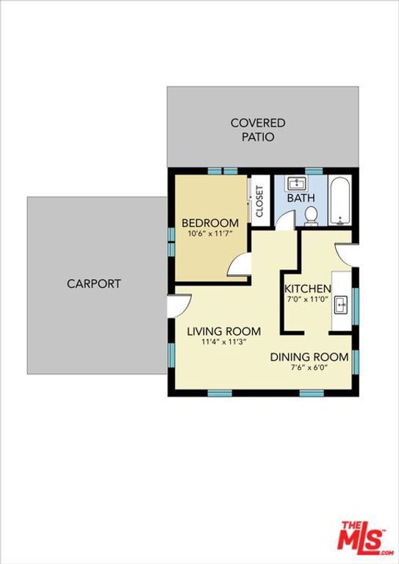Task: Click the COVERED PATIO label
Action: pyautogui.click(x=258, y=130)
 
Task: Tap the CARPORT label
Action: pyautogui.click(x=94, y=283)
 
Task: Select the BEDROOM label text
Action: pyautogui.click(x=210, y=223)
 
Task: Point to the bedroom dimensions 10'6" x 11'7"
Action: pyautogui.click(x=210, y=235)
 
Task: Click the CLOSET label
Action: pyautogui.click(x=259, y=200)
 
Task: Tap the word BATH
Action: pyautogui.click(x=301, y=198)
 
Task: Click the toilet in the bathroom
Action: pyautogui.click(x=311, y=215)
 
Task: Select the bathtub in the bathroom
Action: pyautogui.click(x=339, y=201)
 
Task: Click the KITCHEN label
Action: pyautogui.click(x=308, y=289)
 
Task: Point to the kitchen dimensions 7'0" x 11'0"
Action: pyautogui.click(x=308, y=300)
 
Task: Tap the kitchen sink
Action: pyautogui.click(x=342, y=303)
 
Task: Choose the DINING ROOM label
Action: pyautogui.click(x=309, y=357)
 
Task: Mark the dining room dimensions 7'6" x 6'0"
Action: pyautogui.click(x=309, y=368)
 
